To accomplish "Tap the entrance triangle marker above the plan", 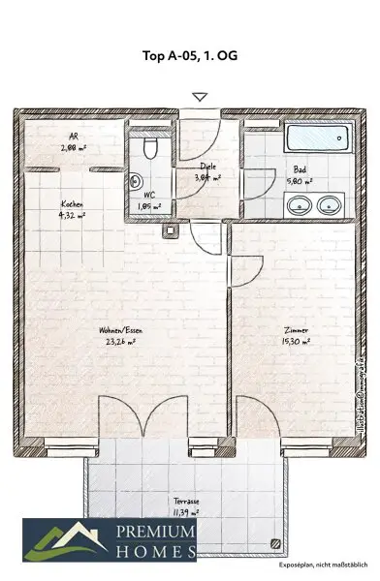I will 200,97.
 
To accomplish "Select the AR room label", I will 74,137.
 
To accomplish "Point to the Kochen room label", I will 72,204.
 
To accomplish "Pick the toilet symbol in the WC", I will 147,147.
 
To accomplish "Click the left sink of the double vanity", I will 300,205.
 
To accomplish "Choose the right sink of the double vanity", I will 330,205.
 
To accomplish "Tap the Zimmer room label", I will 297,329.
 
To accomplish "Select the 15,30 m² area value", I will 296,341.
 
